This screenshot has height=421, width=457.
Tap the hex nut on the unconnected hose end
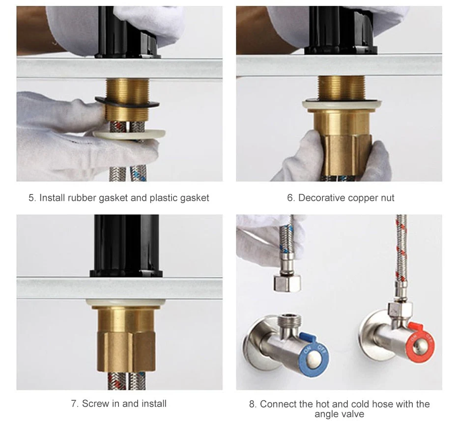tap(287, 283)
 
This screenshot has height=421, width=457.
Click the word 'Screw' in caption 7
tap(95, 404)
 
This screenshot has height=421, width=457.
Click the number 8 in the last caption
tap(252, 404)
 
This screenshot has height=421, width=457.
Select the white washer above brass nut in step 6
tap(342, 104)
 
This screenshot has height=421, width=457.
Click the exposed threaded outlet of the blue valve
tap(287, 321)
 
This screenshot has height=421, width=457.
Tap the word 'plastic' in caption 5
tap(167, 198)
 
